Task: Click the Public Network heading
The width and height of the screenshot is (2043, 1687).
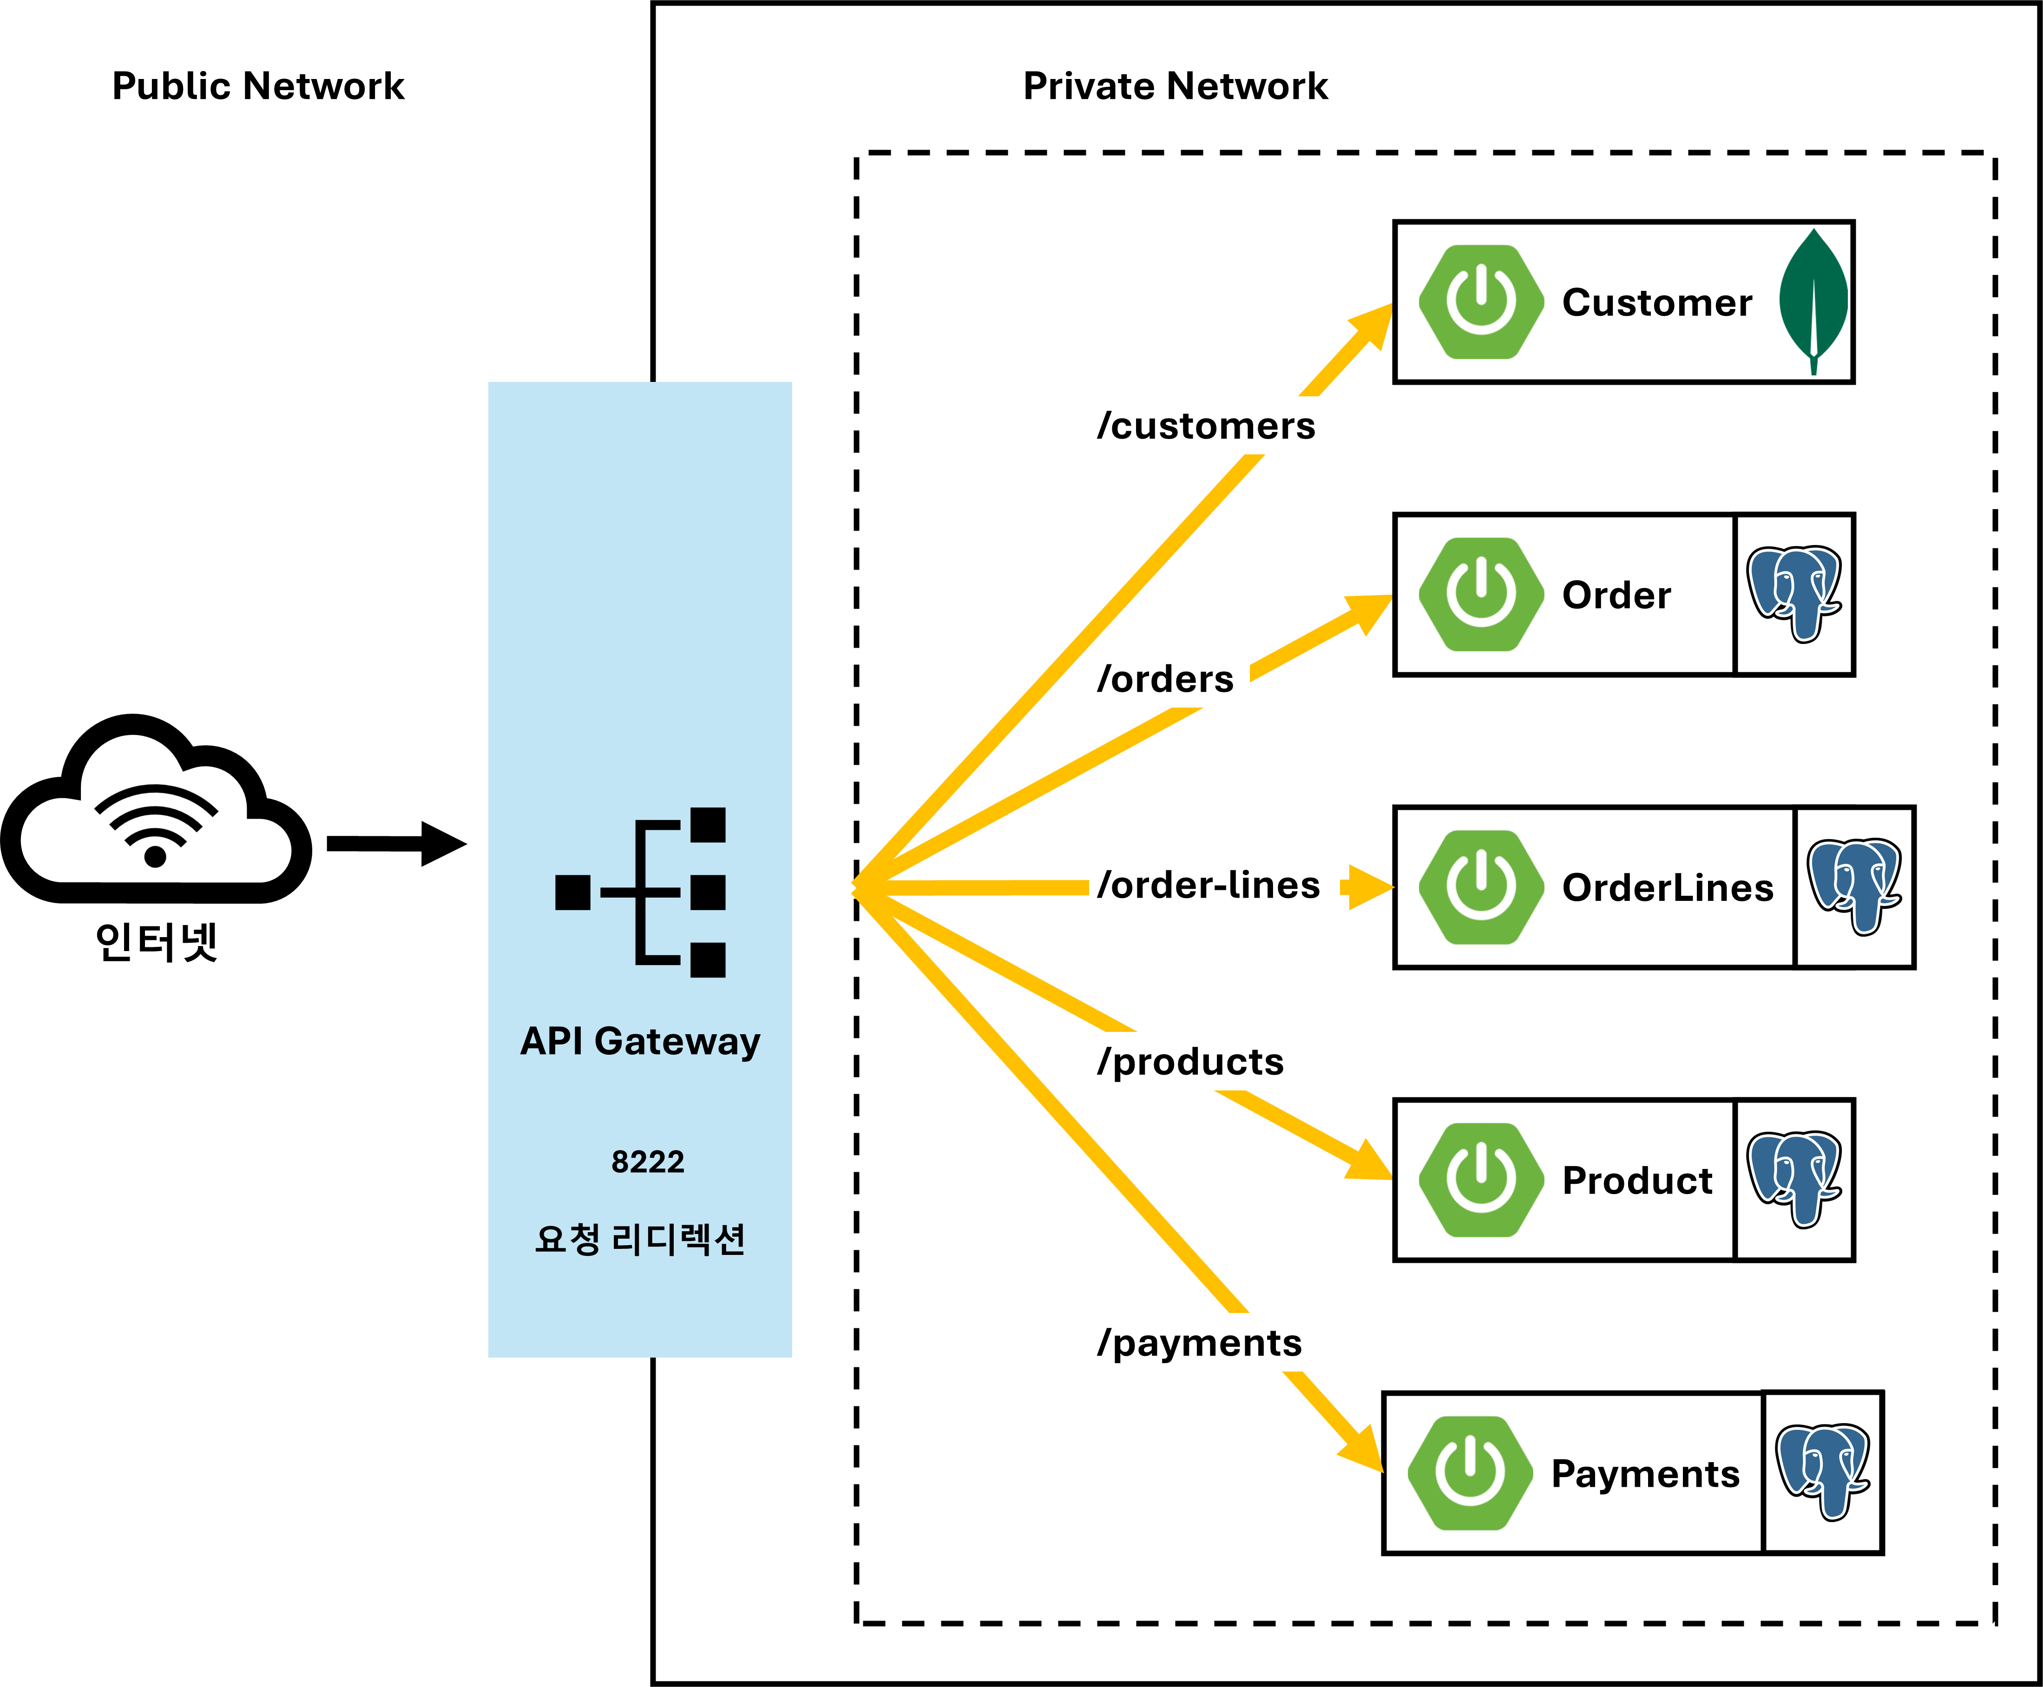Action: [257, 86]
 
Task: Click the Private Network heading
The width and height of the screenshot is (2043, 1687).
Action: [1175, 86]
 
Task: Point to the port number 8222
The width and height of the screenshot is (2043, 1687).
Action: [647, 1161]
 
